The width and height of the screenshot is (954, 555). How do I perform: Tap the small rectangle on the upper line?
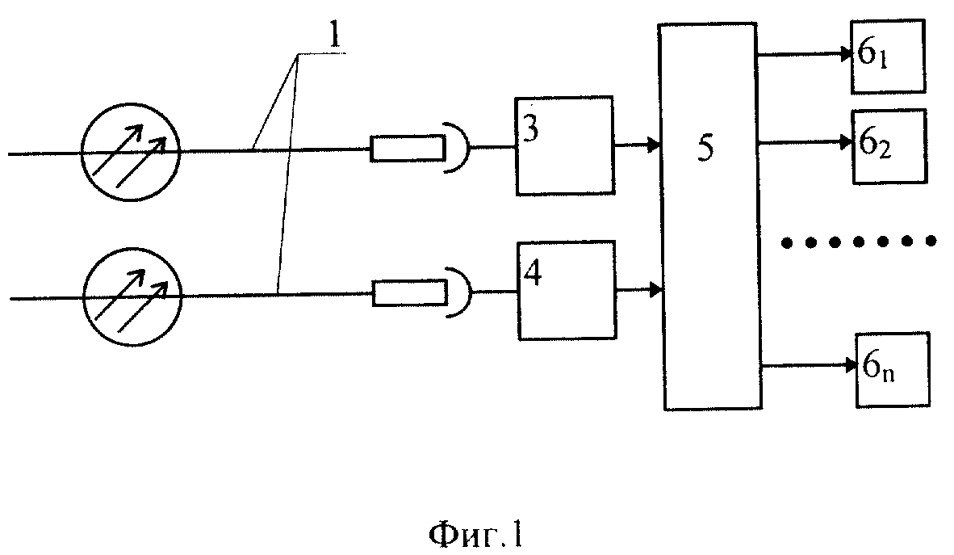click(408, 149)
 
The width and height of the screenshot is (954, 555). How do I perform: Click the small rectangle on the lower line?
click(409, 292)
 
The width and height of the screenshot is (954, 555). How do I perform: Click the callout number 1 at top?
click(334, 36)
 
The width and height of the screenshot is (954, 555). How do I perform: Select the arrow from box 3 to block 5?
click(637, 145)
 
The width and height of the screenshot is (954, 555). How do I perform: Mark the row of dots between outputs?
click(859, 242)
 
